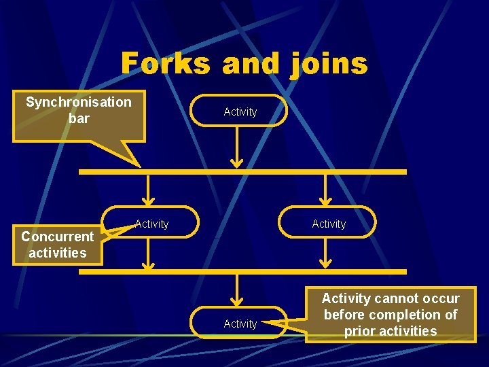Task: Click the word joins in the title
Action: tap(329, 65)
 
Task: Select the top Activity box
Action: tap(240, 111)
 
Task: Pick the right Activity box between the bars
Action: tap(329, 223)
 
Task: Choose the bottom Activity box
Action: tap(240, 324)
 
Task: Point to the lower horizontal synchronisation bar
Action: tap(242, 271)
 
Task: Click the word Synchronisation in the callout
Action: tap(79, 102)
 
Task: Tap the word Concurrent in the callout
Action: tap(57, 237)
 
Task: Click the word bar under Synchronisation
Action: tap(79, 118)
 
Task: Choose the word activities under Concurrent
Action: tap(57, 253)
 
